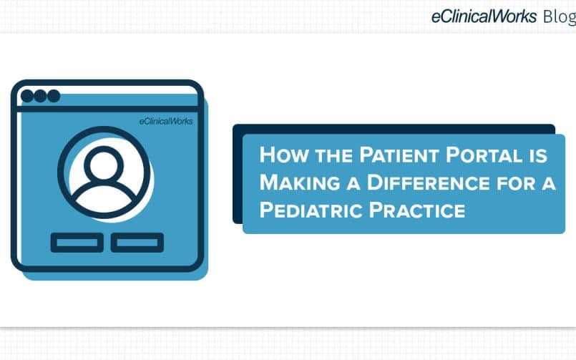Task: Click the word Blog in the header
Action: pos(560,17)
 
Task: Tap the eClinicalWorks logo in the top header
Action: pos(484,16)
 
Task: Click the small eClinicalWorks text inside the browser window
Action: pos(166,121)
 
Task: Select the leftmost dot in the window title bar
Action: pos(27,96)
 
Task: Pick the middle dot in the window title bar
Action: pos(40,96)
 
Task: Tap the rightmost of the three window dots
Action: pos(54,96)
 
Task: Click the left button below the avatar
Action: pos(77,243)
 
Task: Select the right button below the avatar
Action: pos(137,243)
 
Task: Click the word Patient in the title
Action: pos(399,155)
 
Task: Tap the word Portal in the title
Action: pos(484,155)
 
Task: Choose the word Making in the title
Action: pos(299,183)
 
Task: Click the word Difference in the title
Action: pos(428,183)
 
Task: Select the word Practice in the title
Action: pos(417,210)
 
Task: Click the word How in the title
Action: pos(283,155)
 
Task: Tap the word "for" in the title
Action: pos(516,183)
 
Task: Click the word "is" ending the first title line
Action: pos(538,155)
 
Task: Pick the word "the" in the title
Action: pos(333,156)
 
